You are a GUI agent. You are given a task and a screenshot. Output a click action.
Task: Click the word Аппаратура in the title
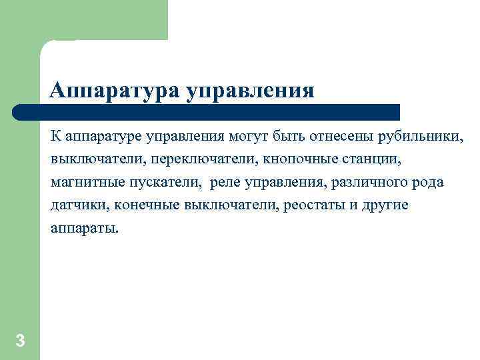[113, 89]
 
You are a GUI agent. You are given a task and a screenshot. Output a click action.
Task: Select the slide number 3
[20, 341]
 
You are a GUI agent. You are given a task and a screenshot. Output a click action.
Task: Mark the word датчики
[75, 205]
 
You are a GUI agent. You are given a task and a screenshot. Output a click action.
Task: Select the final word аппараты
[83, 227]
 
